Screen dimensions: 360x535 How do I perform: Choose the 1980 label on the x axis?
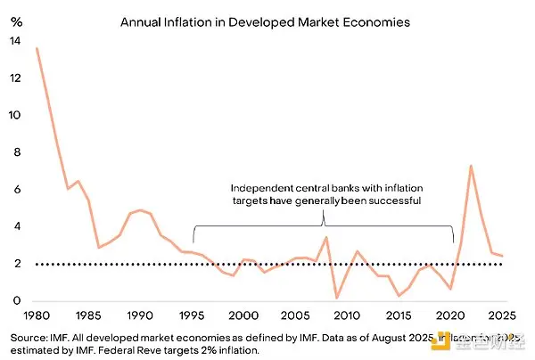click(37, 316)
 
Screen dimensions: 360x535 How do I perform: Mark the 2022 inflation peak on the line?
click(470, 166)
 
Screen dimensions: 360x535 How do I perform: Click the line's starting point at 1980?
click(37, 48)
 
